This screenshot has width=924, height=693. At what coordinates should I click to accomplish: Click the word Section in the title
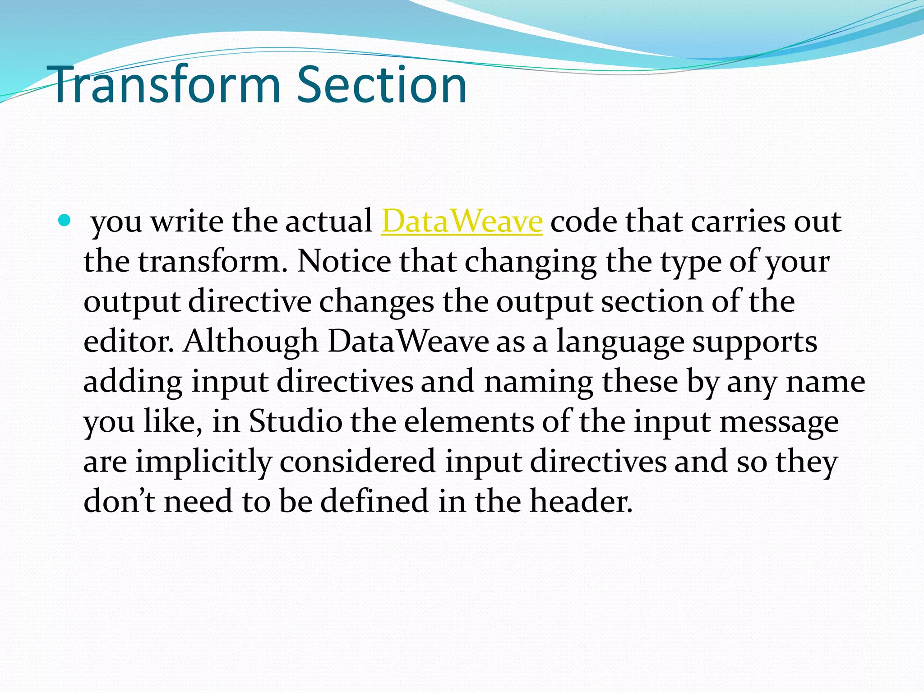click(x=382, y=85)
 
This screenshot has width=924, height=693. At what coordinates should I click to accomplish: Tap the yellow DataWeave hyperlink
click(x=462, y=222)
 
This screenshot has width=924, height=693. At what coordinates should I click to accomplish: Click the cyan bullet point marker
click(x=65, y=221)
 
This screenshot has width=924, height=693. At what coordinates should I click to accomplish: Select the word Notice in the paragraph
click(x=344, y=261)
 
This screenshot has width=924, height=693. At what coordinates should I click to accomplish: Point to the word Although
click(x=251, y=341)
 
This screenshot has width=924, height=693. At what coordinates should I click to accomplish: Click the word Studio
click(x=296, y=421)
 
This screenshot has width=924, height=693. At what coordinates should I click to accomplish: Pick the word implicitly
click(x=203, y=462)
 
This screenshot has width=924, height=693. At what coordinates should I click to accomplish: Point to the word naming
click(x=539, y=382)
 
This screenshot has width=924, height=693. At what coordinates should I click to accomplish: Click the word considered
click(x=357, y=462)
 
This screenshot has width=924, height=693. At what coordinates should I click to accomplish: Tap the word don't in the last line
click(x=120, y=501)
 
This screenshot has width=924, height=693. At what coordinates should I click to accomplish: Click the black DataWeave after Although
click(x=408, y=341)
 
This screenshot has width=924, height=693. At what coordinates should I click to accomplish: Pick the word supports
click(x=754, y=342)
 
